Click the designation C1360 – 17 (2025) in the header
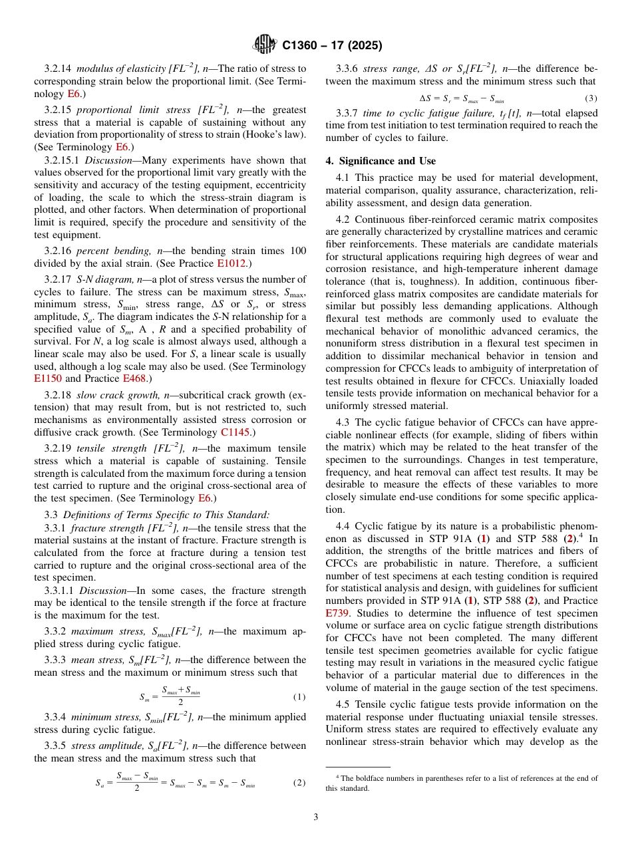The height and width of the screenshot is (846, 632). click(332, 46)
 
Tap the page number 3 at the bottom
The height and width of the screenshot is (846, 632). click(315, 817)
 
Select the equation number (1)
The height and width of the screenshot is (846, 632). click(299, 697)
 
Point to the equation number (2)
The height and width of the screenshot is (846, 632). click(299, 783)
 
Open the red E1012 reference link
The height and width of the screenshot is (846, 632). click(234, 263)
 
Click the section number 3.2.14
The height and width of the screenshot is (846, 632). click(58, 69)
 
